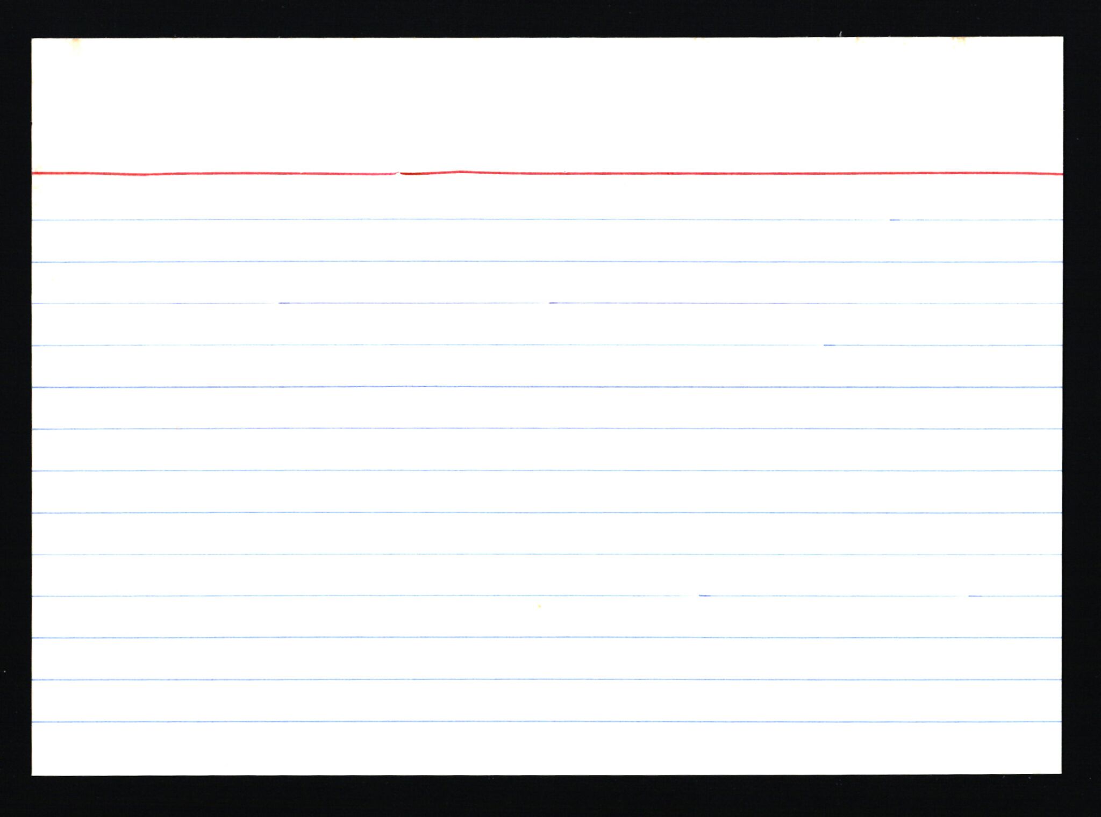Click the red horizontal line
coord(699,174)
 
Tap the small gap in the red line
coord(398,173)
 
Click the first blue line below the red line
coord(538,219)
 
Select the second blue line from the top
coord(538,262)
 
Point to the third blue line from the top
coord(538,303)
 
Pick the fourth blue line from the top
coord(538,345)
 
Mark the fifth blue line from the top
coord(538,387)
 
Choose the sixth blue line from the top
coord(538,429)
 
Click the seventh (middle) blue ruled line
coord(538,471)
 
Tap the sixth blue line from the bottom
coord(538,513)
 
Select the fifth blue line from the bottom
coord(538,554)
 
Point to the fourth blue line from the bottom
coord(538,596)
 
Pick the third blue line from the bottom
coord(538,637)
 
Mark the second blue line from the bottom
coord(538,679)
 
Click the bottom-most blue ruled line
coord(538,721)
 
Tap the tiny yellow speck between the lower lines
coord(539,606)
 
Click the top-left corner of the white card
coord(33,39)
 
